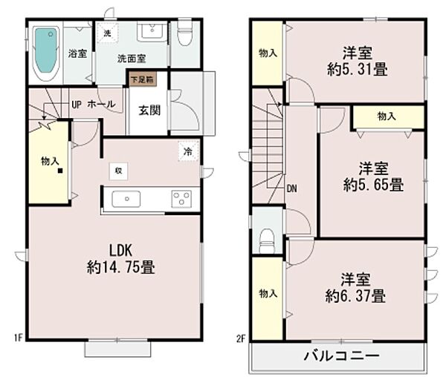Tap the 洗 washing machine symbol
point(107,33)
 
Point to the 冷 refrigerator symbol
point(187,151)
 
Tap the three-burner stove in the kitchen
point(181,199)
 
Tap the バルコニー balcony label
point(343,355)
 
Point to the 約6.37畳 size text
point(355,297)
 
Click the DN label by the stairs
point(291,188)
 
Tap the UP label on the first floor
point(76,104)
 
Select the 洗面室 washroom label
point(132,58)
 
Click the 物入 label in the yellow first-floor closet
point(50,160)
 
